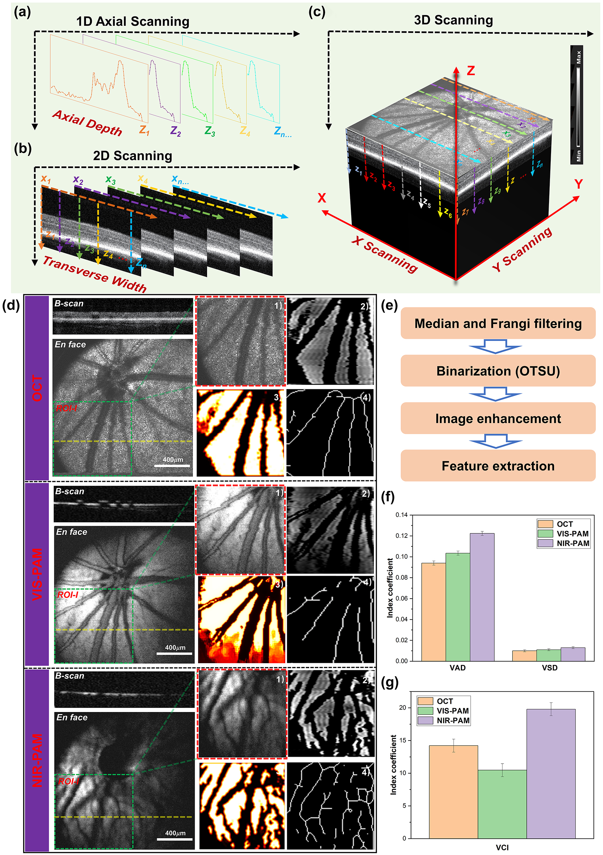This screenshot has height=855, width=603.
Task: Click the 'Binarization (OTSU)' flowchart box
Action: [x=497, y=371]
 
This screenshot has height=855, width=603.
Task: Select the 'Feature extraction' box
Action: [x=497, y=466]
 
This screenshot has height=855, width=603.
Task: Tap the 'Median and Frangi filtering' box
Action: [x=497, y=323]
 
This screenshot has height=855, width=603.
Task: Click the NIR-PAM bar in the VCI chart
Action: [x=550, y=775]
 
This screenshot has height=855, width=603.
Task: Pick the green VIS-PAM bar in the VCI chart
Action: [x=502, y=804]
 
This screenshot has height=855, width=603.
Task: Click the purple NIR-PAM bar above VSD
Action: [x=572, y=654]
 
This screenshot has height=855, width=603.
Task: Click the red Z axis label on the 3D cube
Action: [x=471, y=71]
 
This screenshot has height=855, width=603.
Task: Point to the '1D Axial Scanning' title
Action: [x=133, y=22]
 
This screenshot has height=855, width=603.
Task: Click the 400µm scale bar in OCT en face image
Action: [x=173, y=465]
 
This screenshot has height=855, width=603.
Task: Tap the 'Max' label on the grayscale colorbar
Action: [x=578, y=57]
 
